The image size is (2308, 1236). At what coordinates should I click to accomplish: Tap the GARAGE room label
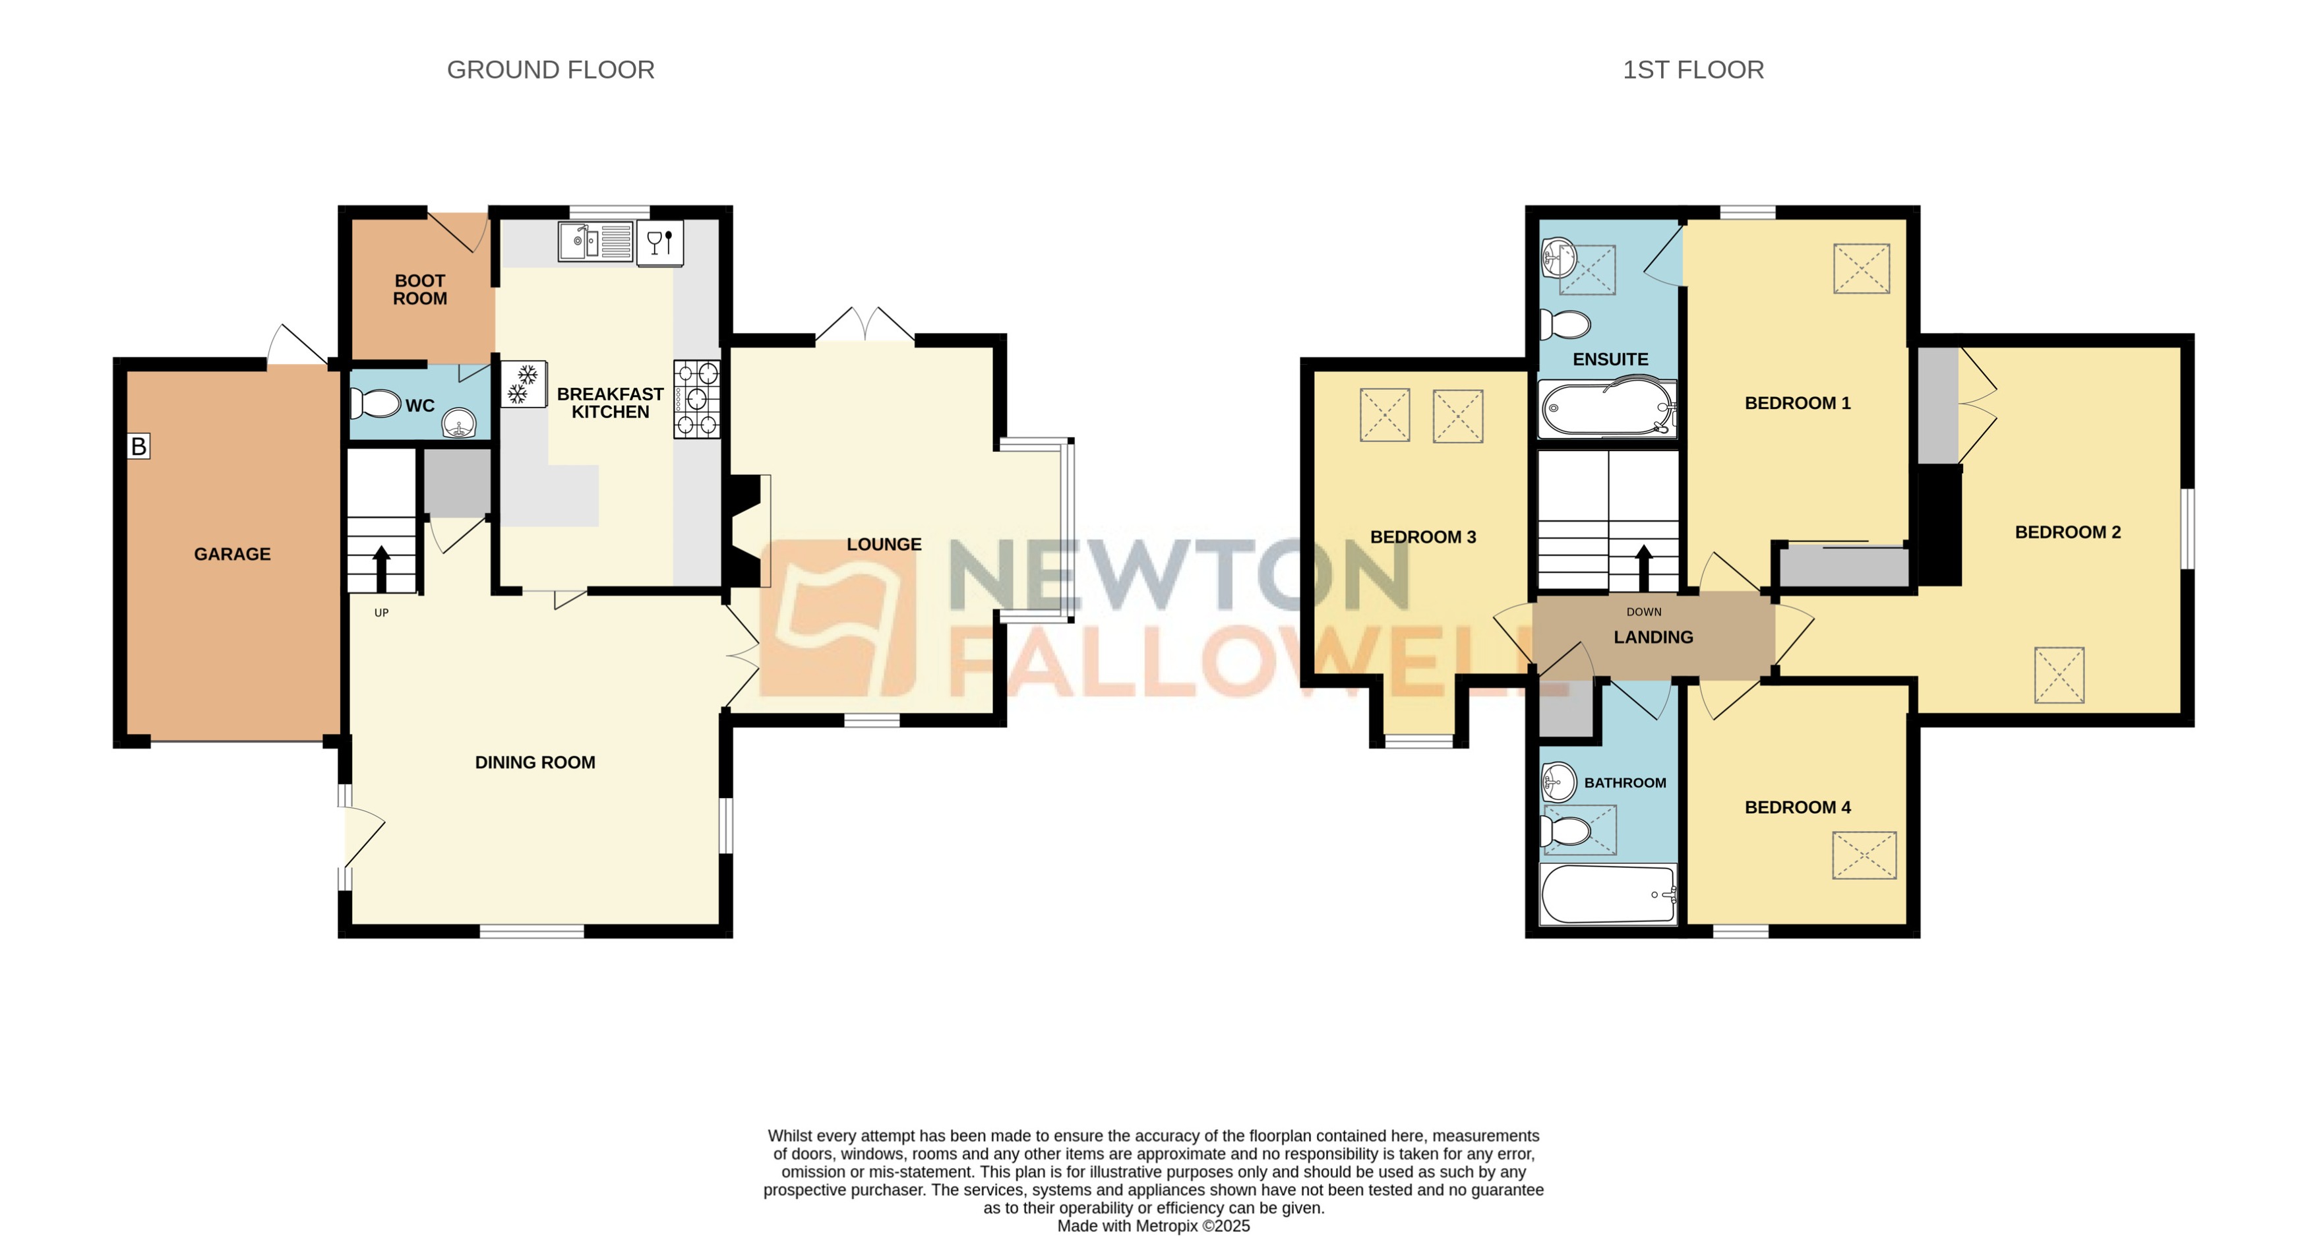click(x=232, y=554)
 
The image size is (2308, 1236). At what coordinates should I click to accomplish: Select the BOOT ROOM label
click(x=419, y=290)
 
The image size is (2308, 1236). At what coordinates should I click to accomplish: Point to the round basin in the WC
click(x=460, y=422)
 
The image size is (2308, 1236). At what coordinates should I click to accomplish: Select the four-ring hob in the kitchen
click(x=697, y=399)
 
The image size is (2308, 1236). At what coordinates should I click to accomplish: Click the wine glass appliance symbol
click(x=659, y=242)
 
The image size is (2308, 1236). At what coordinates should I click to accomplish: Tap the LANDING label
click(x=1653, y=637)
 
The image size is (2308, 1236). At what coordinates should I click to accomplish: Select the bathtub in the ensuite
click(x=1608, y=410)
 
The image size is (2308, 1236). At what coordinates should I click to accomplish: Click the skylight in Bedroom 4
click(x=1864, y=855)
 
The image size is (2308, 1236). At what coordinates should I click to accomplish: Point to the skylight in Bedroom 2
click(x=2059, y=675)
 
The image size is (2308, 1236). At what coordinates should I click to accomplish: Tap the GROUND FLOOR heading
click(x=550, y=70)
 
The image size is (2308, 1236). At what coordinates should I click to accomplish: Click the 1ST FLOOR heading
click(x=1693, y=70)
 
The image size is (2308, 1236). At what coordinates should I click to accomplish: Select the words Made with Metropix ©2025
click(x=1153, y=1226)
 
